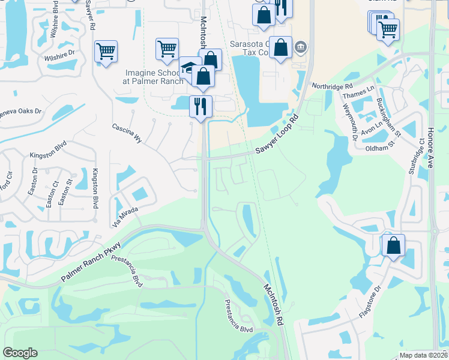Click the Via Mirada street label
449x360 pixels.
coord(124,217)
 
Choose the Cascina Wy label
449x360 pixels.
coord(127,133)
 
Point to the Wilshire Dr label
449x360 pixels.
coord(58,53)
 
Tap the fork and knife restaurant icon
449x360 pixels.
coord(200,106)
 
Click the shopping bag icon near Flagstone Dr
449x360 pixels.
coord(393,245)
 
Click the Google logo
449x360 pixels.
coord(20,353)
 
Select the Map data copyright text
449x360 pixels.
coord(424,355)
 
